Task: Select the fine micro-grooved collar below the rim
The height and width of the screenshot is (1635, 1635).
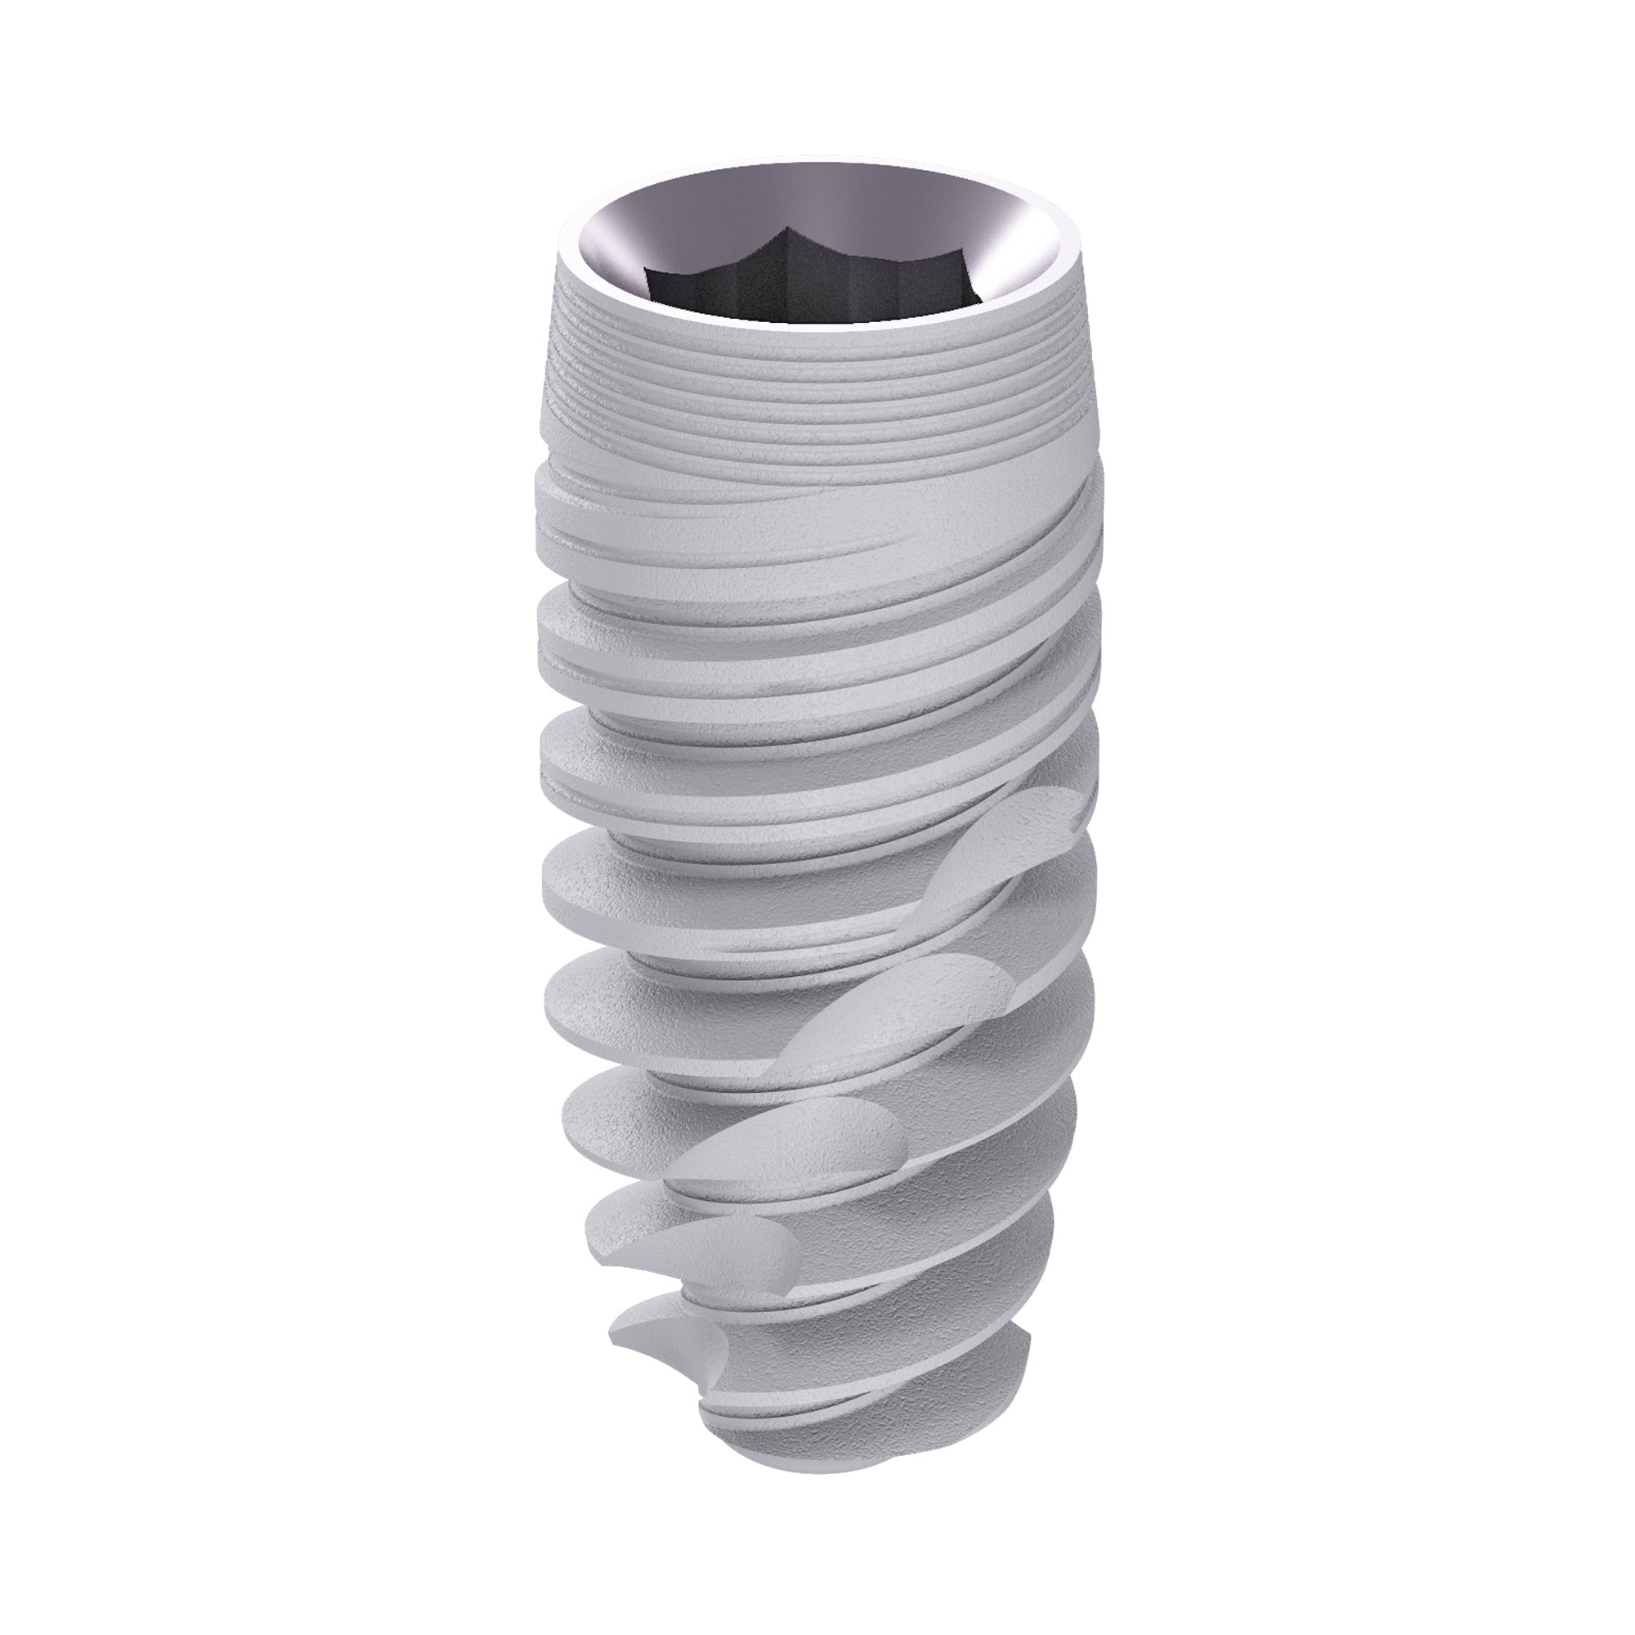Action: click(813, 398)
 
